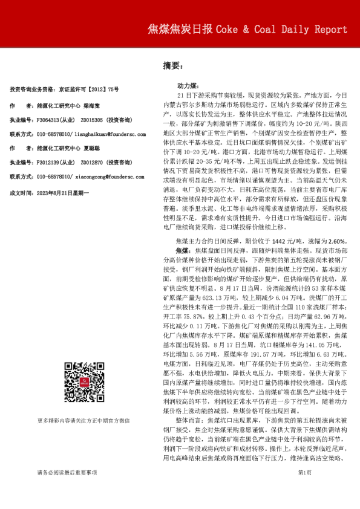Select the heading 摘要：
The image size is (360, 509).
pyautogui.click(x=173, y=65)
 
